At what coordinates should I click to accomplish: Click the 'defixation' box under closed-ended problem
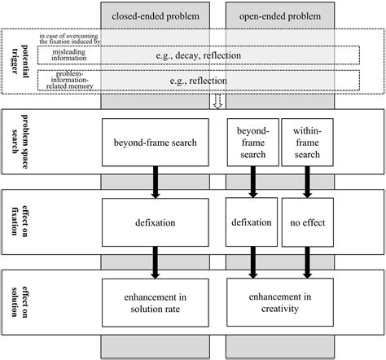(x=155, y=220)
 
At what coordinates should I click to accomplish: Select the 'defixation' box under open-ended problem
(x=251, y=220)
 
